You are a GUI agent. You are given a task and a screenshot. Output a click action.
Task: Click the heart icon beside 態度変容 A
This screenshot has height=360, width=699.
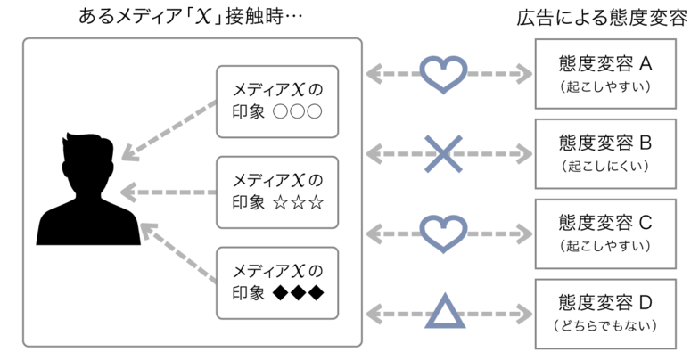pos(443,74)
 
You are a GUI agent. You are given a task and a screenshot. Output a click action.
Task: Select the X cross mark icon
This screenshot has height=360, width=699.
pos(443,154)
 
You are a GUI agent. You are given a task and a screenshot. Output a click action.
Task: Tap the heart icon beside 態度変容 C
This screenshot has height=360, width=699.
pos(443,233)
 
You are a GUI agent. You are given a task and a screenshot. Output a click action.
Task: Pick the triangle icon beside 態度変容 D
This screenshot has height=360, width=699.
pos(443,313)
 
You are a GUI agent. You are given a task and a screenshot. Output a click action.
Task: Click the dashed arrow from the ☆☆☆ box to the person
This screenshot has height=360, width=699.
pos(169,191)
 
